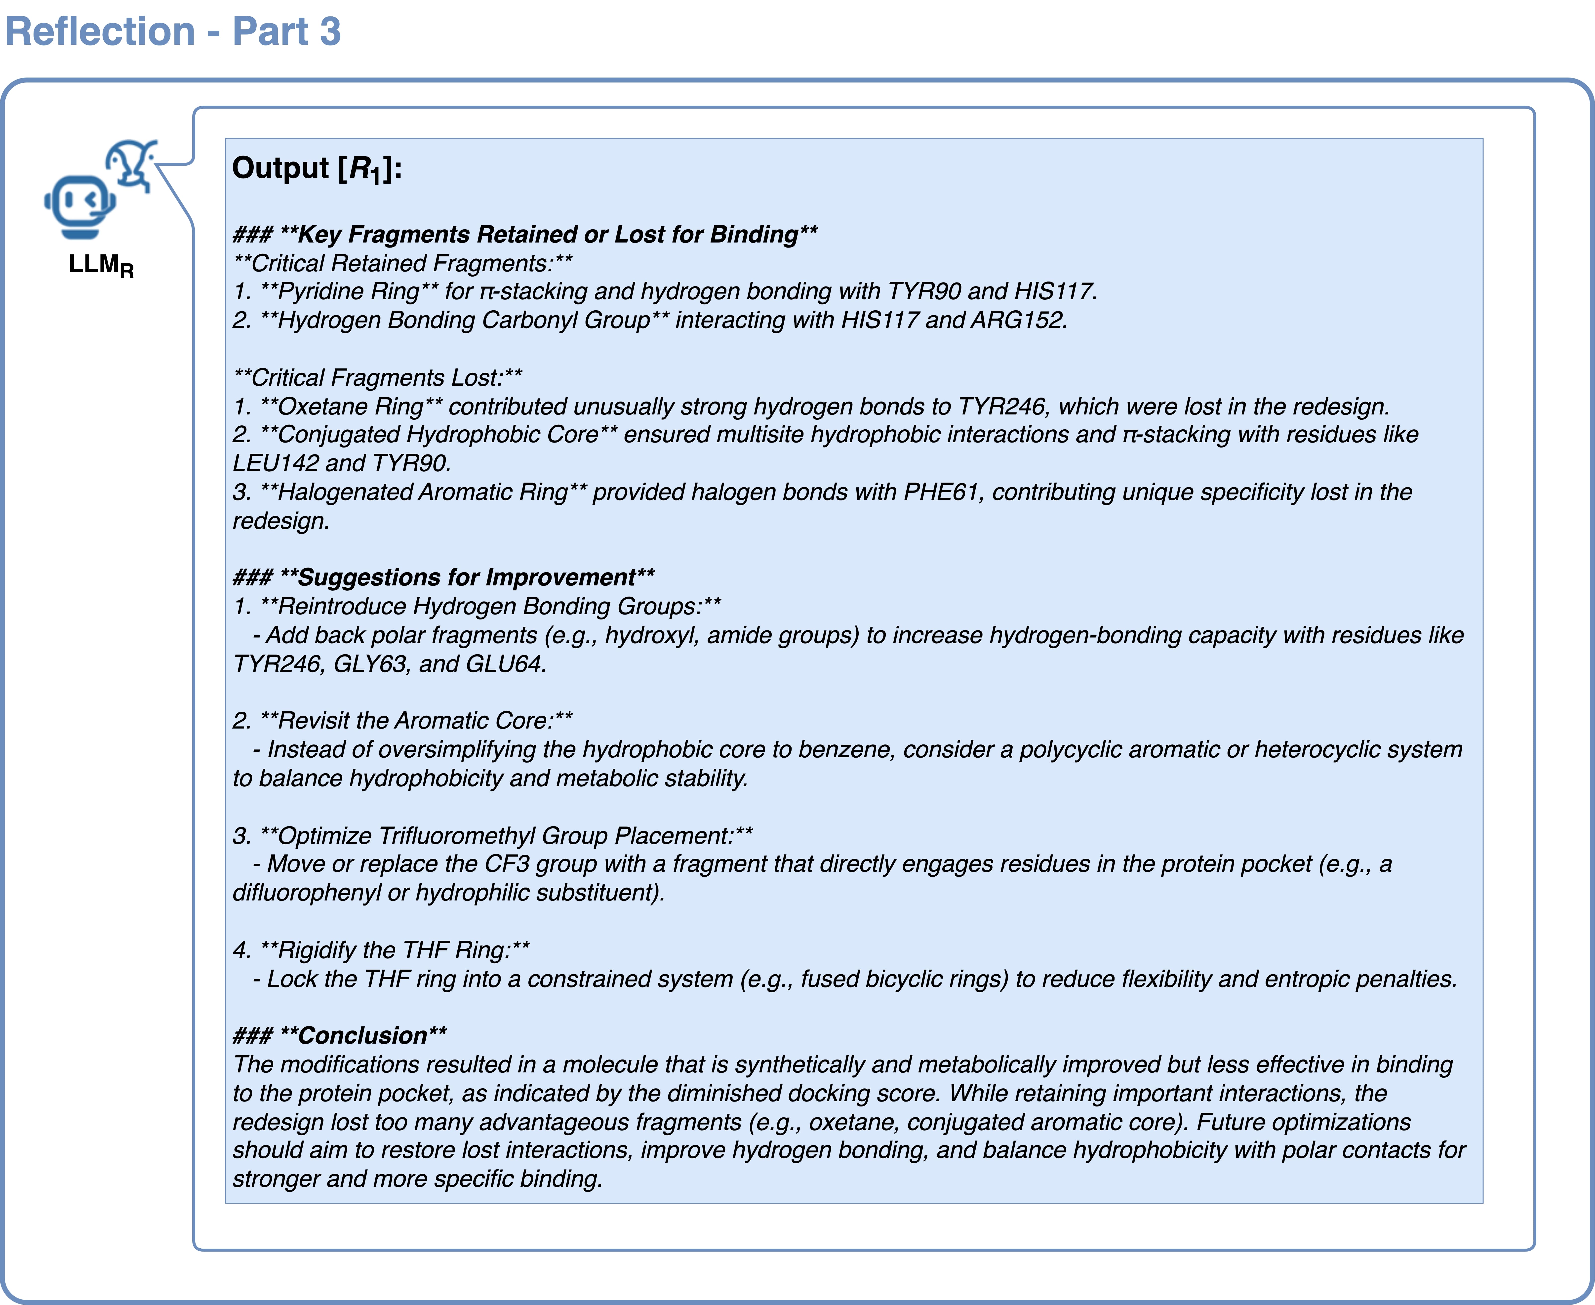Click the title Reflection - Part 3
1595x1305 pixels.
coord(173,32)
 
